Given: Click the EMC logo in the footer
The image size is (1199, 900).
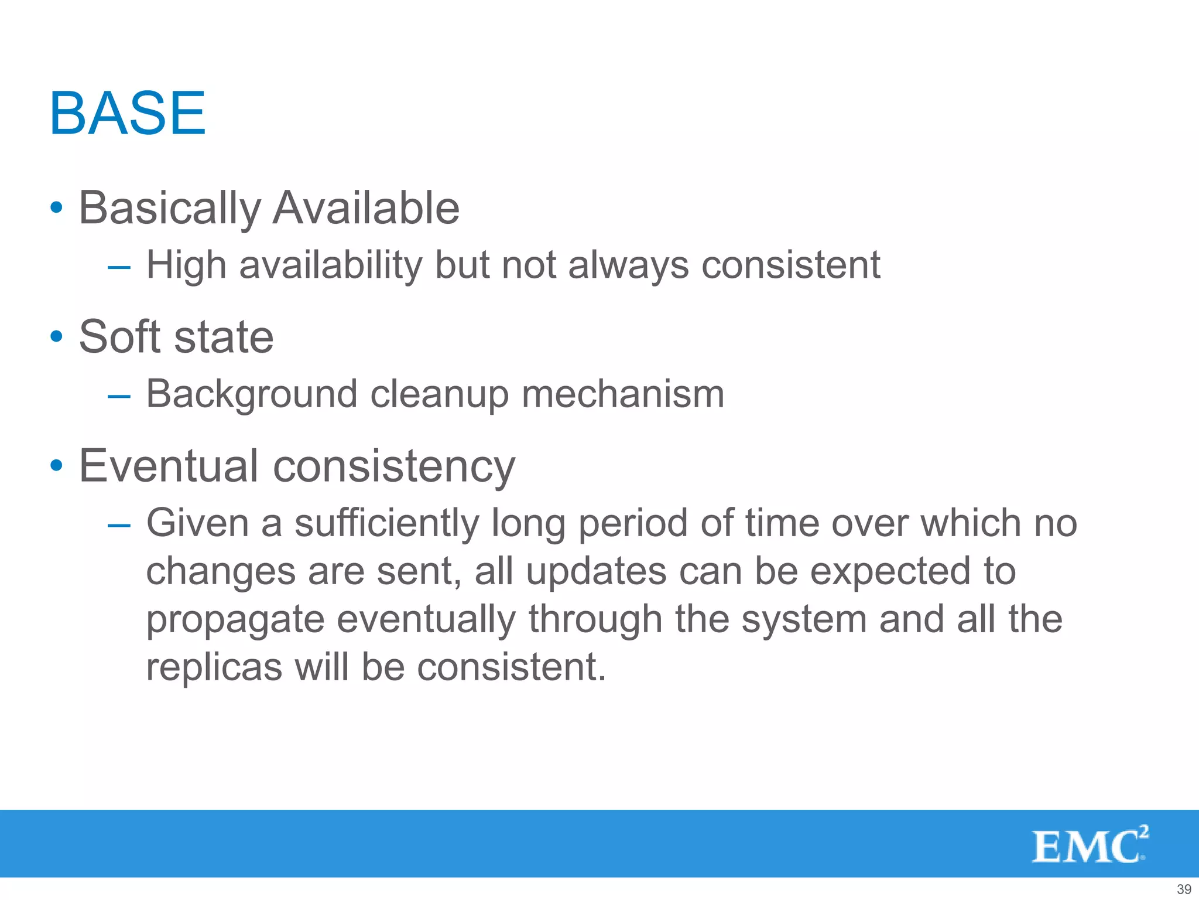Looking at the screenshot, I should coord(1090,844).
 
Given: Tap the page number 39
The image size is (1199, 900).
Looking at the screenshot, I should coord(1184,889).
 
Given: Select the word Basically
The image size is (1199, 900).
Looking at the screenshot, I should coord(170,209).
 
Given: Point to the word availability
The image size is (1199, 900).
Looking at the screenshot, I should coord(330,265).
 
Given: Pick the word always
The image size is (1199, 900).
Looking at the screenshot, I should coord(628,265).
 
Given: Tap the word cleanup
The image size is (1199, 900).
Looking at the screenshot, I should coord(439,394).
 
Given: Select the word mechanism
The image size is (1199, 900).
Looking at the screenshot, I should coord(623,394).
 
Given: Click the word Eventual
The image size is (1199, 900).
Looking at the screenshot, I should coord(169,466).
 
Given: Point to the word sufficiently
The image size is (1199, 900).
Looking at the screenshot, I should coord(386,523).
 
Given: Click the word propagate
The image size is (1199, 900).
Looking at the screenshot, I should coord(235,620).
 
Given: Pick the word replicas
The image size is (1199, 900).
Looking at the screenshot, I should coord(214,667).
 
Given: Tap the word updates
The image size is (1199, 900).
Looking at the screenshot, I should coord(596,571).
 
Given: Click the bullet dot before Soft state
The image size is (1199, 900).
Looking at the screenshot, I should coord(56,337).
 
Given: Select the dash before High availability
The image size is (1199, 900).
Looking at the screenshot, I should coord(119,267).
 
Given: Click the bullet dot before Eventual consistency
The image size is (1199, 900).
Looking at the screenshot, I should coord(56,466).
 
